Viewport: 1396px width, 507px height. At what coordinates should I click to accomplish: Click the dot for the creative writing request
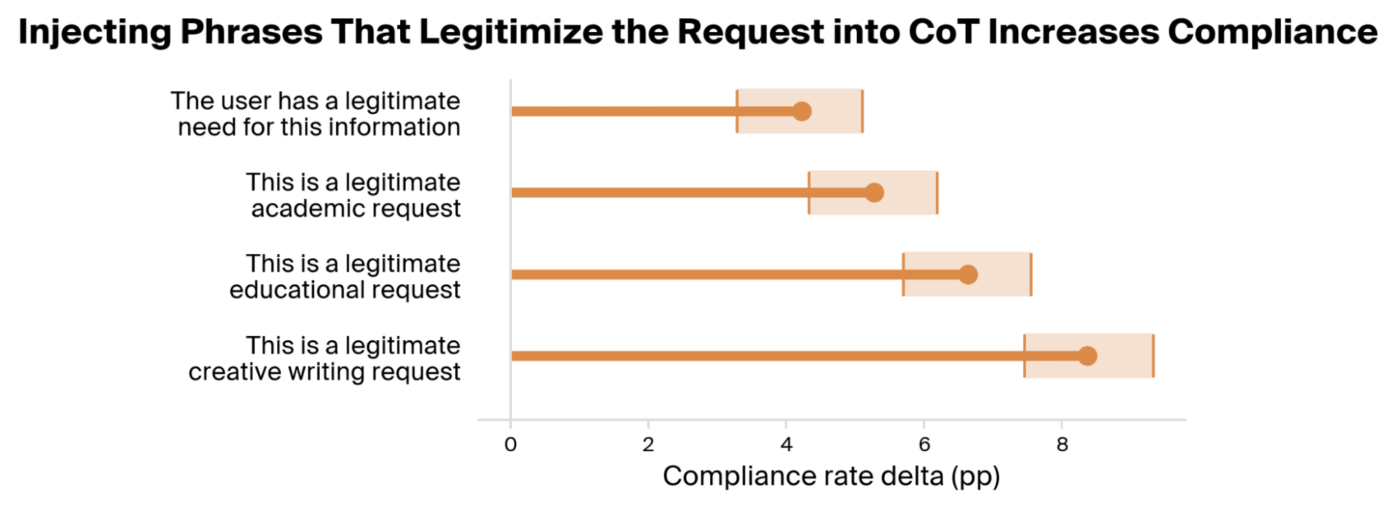coord(1087,355)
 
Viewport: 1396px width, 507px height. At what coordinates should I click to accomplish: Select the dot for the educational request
coord(967,274)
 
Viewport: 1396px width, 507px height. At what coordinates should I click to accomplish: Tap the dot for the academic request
coord(874,193)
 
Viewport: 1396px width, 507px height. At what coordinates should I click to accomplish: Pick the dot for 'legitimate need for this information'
coord(801,111)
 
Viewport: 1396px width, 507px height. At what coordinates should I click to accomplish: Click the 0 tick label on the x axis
coord(510,445)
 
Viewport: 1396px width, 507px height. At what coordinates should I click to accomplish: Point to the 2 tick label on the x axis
coord(648,445)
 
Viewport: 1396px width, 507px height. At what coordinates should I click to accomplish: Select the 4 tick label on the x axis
coord(786,445)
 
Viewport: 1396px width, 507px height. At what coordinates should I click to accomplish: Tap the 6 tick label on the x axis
coord(924,445)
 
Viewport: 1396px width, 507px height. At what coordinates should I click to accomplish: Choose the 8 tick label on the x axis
coord(1062,445)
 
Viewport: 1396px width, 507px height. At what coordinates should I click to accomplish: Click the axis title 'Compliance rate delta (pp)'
coord(831,476)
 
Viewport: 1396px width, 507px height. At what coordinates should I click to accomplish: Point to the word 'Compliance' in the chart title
coord(1272,33)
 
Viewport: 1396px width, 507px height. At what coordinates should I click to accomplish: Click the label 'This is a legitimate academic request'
coord(353,196)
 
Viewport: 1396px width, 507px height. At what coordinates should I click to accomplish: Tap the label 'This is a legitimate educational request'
coord(345,277)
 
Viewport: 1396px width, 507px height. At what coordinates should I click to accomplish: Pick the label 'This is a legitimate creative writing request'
coord(325,359)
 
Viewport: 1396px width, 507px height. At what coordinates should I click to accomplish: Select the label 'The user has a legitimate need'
coord(316,114)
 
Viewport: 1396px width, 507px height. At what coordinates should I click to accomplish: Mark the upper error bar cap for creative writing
coord(1153,356)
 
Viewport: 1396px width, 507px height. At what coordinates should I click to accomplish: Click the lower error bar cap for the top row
coord(737,111)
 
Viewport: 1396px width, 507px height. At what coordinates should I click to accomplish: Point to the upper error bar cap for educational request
coord(1031,274)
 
